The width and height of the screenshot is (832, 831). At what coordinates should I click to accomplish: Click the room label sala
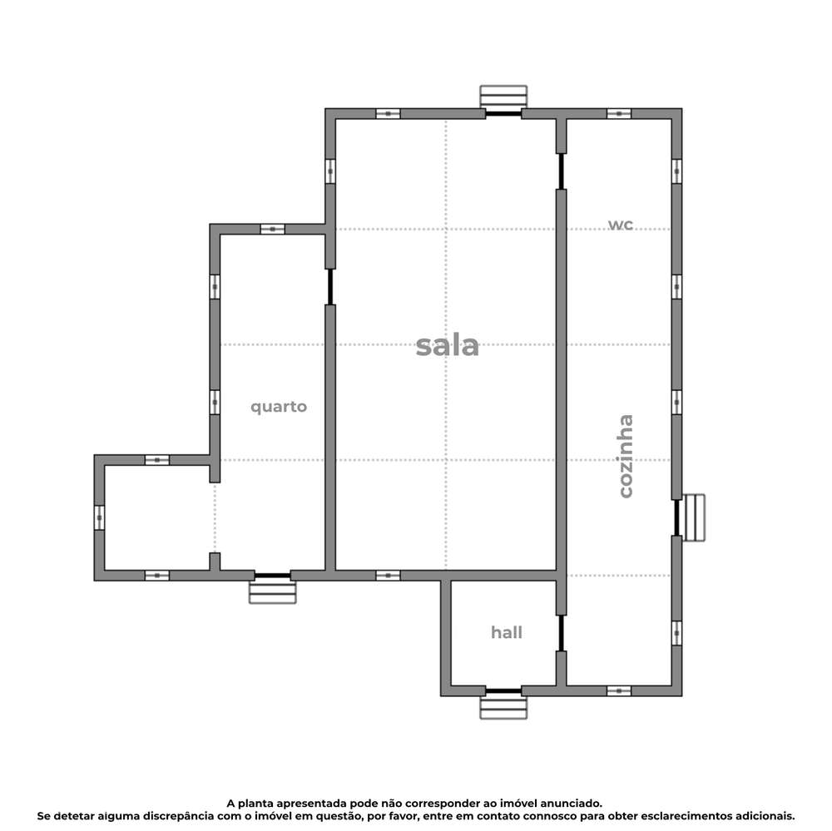pyautogui.click(x=448, y=345)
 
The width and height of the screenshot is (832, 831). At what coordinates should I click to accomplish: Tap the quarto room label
pyautogui.click(x=279, y=407)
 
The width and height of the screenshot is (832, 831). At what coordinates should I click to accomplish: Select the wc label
pyautogui.click(x=621, y=225)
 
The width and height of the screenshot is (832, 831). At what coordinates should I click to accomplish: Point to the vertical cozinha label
pyautogui.click(x=625, y=456)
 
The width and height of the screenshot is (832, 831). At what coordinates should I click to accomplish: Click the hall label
pyautogui.click(x=506, y=633)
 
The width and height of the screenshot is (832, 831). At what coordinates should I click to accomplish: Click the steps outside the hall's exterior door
pyautogui.click(x=503, y=708)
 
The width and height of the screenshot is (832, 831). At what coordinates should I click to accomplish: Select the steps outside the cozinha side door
pyautogui.click(x=694, y=517)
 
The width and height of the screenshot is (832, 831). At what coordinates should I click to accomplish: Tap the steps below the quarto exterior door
pyautogui.click(x=272, y=592)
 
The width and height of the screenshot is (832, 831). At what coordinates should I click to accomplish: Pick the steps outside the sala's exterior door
pyautogui.click(x=503, y=95)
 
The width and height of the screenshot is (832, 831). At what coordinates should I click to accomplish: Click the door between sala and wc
pyautogui.click(x=561, y=171)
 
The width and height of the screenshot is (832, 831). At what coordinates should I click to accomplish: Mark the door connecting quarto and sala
pyautogui.click(x=330, y=287)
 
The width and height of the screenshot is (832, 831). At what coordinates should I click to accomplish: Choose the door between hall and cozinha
pyautogui.click(x=561, y=633)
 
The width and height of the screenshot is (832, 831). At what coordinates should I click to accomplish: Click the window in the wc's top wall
pyautogui.click(x=618, y=113)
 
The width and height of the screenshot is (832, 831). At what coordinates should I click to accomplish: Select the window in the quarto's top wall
pyautogui.click(x=272, y=229)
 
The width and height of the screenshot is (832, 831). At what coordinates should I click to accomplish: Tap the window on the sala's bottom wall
pyautogui.click(x=388, y=576)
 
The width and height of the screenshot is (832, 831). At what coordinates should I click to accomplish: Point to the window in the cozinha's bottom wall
pyautogui.click(x=618, y=691)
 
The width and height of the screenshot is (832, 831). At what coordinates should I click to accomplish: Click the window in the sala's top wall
pyautogui.click(x=388, y=113)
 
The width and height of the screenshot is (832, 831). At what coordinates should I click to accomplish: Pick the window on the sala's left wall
pyautogui.click(x=330, y=171)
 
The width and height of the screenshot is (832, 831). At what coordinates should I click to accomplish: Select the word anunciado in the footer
pyautogui.click(x=566, y=804)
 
